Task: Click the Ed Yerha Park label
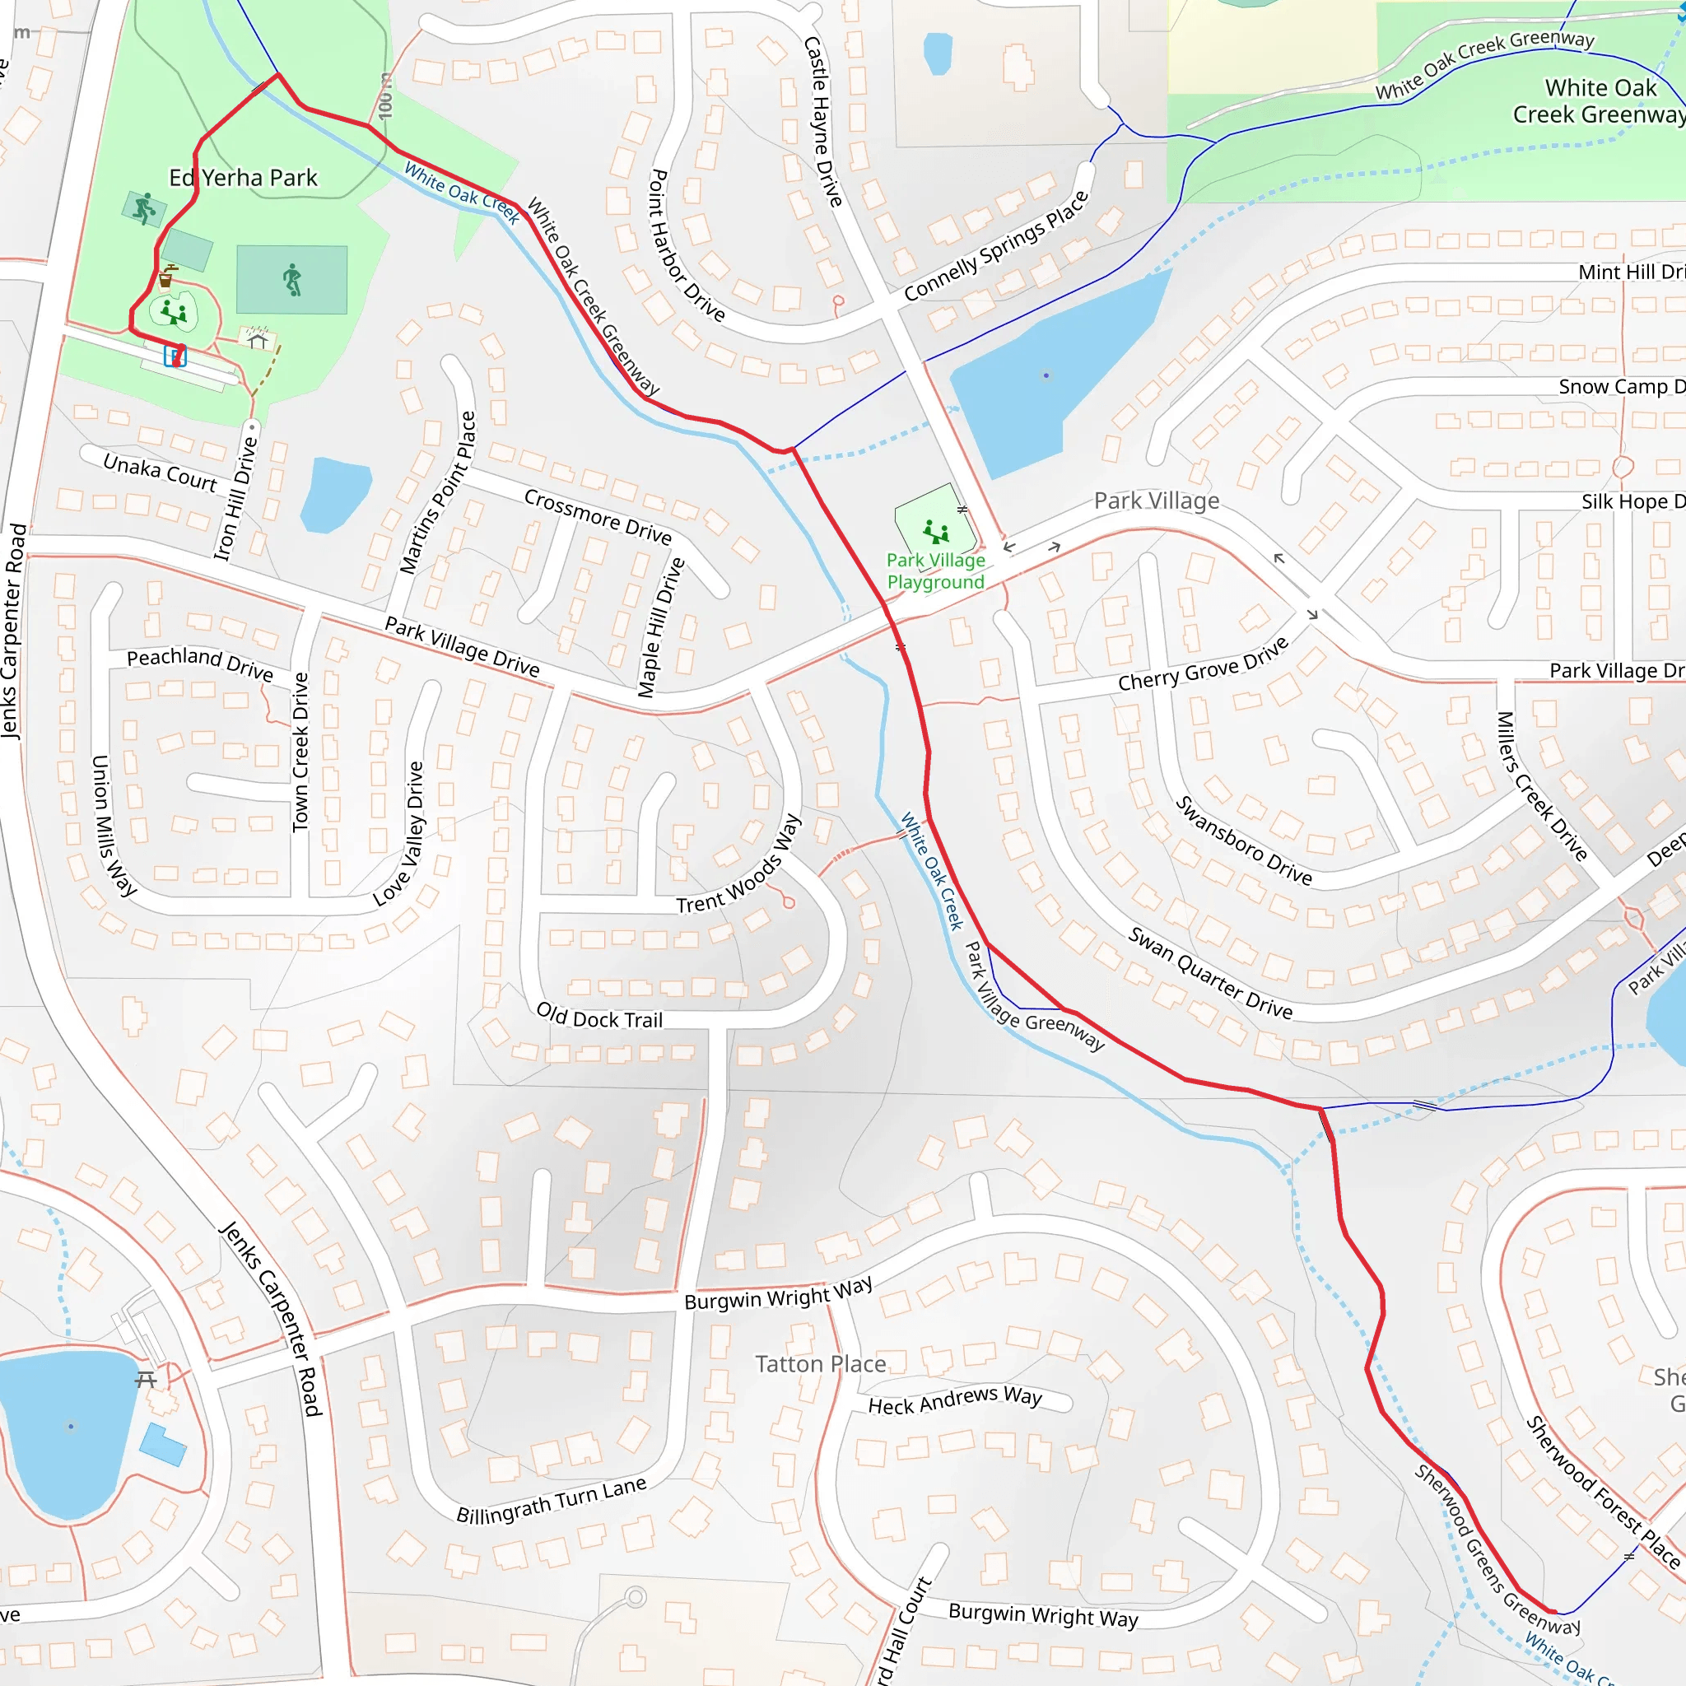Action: click(243, 178)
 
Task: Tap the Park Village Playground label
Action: click(935, 571)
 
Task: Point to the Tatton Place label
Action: click(820, 1363)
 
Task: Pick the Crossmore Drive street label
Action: click(598, 515)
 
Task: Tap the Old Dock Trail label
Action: click(599, 1017)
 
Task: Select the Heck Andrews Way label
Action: click(955, 1400)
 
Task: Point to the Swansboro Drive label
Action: click(1244, 841)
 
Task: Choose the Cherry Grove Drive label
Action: click(1204, 664)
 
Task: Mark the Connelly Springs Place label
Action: click(997, 246)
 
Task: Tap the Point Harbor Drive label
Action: click(686, 245)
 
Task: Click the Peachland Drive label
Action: click(200, 664)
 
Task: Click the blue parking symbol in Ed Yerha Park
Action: click(175, 356)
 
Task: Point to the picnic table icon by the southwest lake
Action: click(146, 1380)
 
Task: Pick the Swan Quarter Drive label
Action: click(1210, 972)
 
